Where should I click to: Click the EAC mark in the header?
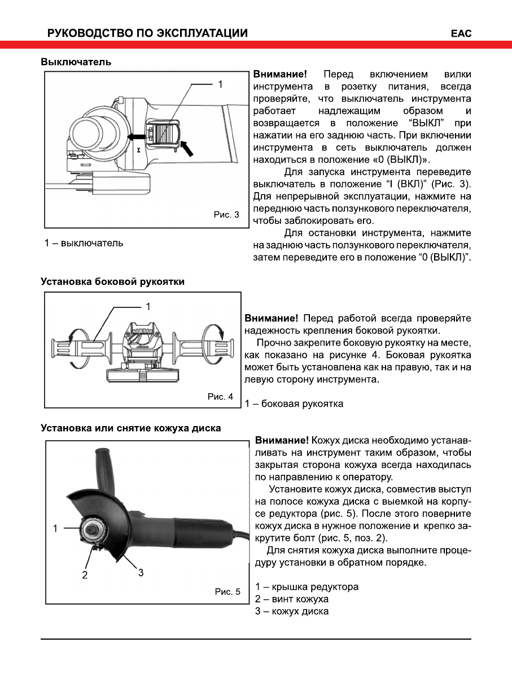(461, 33)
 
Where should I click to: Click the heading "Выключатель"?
(76, 62)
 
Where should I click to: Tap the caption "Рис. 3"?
(226, 215)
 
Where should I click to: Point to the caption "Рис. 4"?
(220, 397)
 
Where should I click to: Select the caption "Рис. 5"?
(227, 592)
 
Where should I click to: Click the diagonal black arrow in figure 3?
(190, 147)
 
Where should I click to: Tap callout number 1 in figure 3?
(221, 84)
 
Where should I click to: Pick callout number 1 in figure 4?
(148, 307)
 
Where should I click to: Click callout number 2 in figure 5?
(85, 575)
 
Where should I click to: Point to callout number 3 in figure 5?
(141, 572)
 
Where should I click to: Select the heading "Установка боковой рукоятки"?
(112, 281)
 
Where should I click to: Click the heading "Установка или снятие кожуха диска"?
(130, 428)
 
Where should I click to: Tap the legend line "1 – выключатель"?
(84, 243)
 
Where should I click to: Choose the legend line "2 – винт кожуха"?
(291, 599)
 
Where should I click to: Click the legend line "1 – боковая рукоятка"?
(294, 403)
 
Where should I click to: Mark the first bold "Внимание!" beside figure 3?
(280, 75)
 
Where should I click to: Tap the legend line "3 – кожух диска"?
(291, 611)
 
